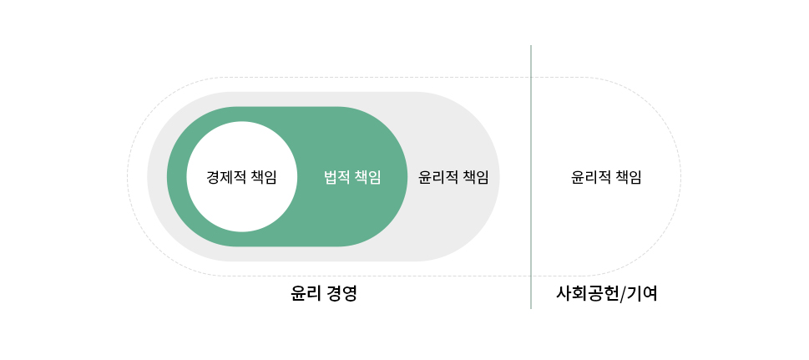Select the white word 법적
pos(337,177)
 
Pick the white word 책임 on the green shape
pos(368,177)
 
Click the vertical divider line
pos(531,177)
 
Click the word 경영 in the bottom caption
pos(341,294)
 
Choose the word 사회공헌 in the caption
pos(587,294)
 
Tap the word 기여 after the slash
pos(642,294)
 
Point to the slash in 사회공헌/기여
pos(622,294)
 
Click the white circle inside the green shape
pos(241,176)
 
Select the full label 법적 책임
pos(352,177)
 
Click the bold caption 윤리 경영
pos(323,294)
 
